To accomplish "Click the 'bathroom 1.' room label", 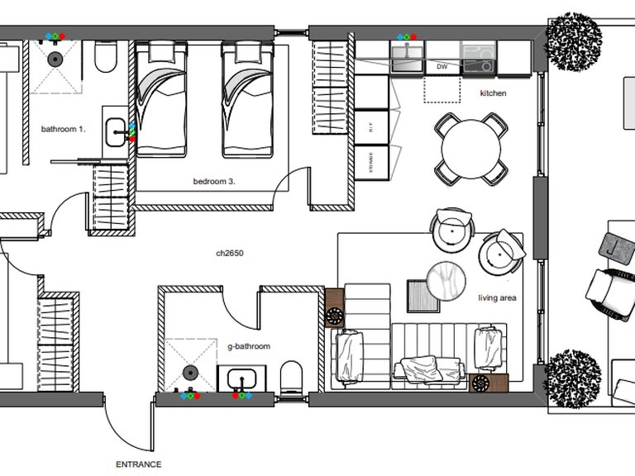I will [x=64, y=129].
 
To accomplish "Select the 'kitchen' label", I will [x=493, y=93].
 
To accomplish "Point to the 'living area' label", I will [x=497, y=297].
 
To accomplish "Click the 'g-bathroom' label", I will [x=249, y=347].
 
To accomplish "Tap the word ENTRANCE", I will [x=139, y=464].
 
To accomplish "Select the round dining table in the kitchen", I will [x=471, y=150].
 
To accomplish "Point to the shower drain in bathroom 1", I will [x=55, y=59].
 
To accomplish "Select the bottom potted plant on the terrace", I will [x=574, y=374].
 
